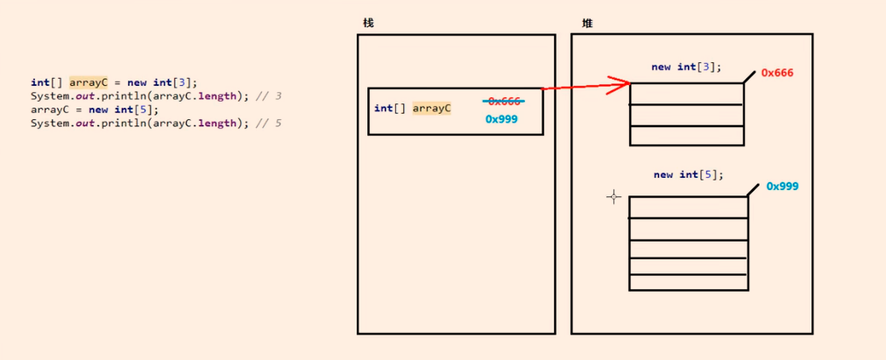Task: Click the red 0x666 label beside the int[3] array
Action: click(x=777, y=73)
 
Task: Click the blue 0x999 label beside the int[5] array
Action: click(x=783, y=187)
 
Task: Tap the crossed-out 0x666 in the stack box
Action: click(x=504, y=102)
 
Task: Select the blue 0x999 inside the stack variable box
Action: click(x=501, y=119)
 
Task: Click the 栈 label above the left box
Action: click(x=368, y=23)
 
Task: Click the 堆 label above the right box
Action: click(x=587, y=23)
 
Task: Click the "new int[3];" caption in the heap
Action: click(x=686, y=67)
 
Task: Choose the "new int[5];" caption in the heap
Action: click(x=688, y=174)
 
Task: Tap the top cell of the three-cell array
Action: click(x=686, y=94)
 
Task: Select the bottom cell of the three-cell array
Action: click(x=686, y=136)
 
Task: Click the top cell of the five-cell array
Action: click(x=688, y=207)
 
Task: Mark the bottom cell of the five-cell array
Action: click(x=688, y=282)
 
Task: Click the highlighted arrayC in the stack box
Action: click(x=432, y=109)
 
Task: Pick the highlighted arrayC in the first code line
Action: click(x=88, y=82)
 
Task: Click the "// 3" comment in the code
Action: click(x=268, y=95)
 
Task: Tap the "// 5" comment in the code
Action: click(x=268, y=124)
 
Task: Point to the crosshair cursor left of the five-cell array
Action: click(x=613, y=197)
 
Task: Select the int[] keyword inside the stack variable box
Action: click(x=387, y=109)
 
